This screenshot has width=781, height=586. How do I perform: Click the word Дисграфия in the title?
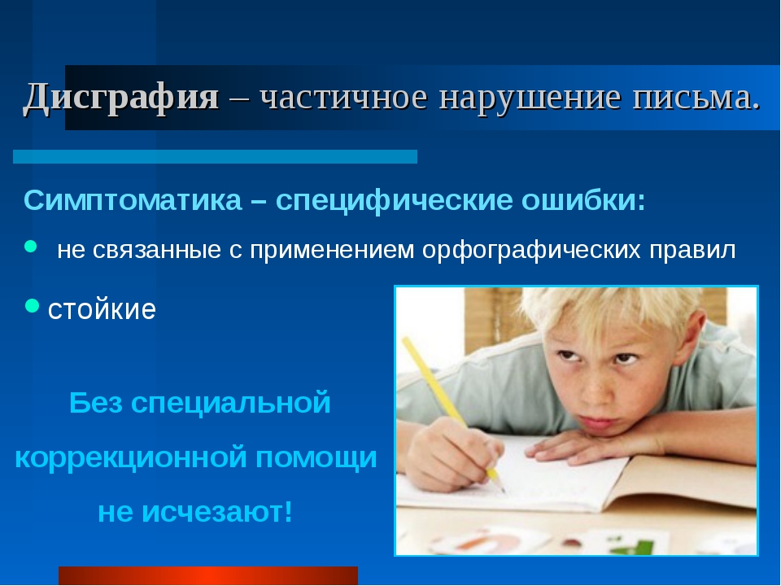(x=121, y=96)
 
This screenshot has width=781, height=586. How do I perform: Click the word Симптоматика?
(x=133, y=200)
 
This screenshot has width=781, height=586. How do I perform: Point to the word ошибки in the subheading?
(x=583, y=200)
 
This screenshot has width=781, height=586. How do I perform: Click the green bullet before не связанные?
(x=31, y=246)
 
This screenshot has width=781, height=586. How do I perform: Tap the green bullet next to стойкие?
(x=32, y=305)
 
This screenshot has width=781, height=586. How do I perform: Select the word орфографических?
(x=531, y=250)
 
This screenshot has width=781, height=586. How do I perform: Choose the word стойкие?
(x=102, y=309)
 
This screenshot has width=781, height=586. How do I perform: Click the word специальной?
(x=230, y=403)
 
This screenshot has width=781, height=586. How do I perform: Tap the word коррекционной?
(x=131, y=457)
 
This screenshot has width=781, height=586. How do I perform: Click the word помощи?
(x=316, y=457)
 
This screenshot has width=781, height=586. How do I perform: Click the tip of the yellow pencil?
(x=502, y=490)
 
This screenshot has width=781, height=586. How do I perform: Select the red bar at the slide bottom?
(x=208, y=575)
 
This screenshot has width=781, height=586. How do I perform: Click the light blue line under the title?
(x=215, y=156)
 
